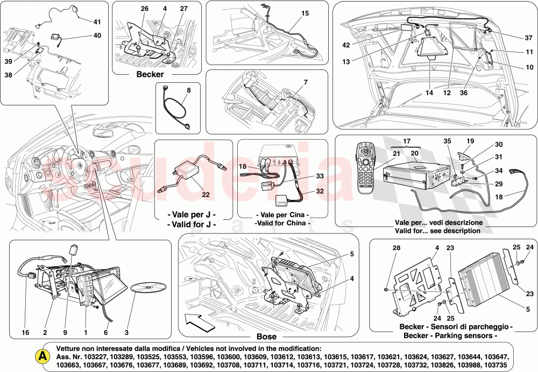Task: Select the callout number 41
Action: pos(97,22)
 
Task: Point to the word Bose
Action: pos(266,337)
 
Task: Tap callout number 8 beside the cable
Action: pos(188,91)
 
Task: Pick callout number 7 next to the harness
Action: pos(306,83)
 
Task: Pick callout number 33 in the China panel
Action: pos(305,175)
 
